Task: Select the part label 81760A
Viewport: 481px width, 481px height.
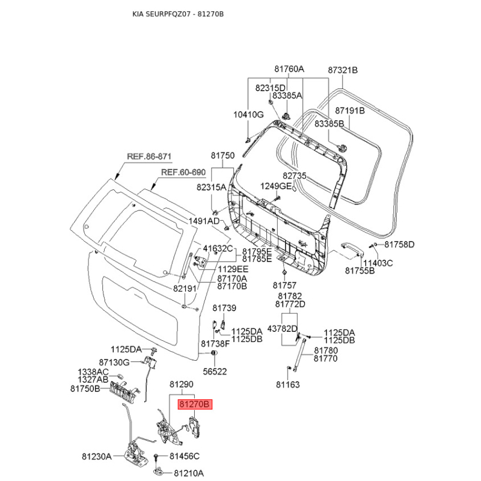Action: click(x=289, y=69)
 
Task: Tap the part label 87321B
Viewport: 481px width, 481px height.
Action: click(x=343, y=70)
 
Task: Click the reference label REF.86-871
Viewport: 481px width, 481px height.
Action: click(x=149, y=157)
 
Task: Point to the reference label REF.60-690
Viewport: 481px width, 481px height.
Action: click(x=183, y=173)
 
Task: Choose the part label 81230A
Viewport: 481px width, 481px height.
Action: click(x=97, y=457)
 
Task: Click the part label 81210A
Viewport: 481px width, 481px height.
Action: click(x=187, y=473)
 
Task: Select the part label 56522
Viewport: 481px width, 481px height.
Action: click(x=215, y=372)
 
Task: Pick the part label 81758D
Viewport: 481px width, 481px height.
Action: click(x=400, y=245)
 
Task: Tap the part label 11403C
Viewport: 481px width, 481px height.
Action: click(x=378, y=263)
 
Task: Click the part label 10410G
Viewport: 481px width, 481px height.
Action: click(x=248, y=114)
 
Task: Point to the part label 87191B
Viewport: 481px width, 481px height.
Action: click(x=350, y=111)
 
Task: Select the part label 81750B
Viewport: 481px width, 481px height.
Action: click(x=93, y=389)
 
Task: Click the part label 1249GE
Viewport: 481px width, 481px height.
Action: click(x=275, y=186)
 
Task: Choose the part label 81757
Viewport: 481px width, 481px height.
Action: click(x=284, y=285)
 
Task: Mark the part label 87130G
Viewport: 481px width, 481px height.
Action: click(x=114, y=362)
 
